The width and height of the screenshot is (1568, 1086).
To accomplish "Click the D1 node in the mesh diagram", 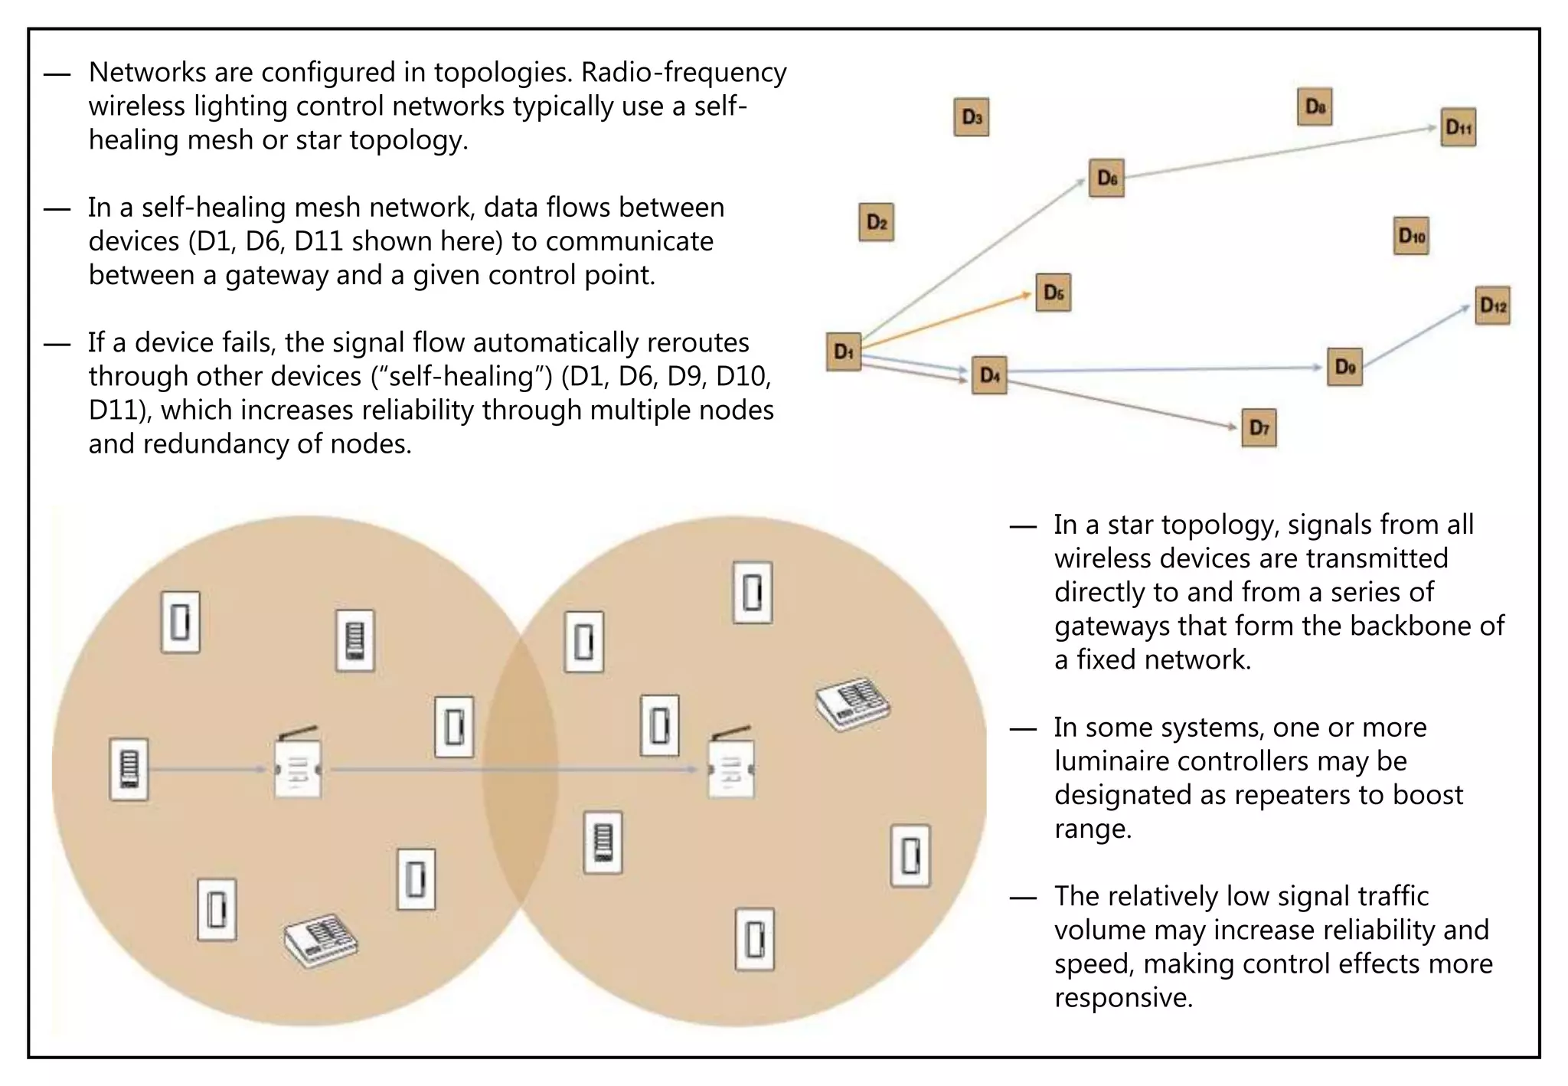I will (x=843, y=352).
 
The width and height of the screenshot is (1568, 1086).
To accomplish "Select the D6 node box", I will (x=1106, y=178).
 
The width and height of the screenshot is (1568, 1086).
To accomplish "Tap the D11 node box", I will (x=1458, y=127).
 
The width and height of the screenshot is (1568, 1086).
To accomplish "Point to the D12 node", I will (x=1492, y=306).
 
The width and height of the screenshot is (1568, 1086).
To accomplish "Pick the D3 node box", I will (x=971, y=117).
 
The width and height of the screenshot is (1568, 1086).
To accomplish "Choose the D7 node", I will (x=1259, y=427).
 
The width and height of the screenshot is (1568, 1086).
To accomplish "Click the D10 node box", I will (x=1411, y=235).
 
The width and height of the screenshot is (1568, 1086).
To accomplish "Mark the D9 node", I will (x=1344, y=367).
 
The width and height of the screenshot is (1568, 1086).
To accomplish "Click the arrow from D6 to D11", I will (x=1279, y=152).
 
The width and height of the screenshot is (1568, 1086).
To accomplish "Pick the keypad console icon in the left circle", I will (x=321, y=940).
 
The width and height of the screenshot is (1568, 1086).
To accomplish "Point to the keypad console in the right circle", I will (x=852, y=703).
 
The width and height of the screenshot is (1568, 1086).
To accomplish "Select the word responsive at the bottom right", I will (x=1123, y=998).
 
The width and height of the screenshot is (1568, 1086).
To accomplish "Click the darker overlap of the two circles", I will (x=520, y=770).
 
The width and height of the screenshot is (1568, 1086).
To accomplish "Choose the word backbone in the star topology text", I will (x=1411, y=626).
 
